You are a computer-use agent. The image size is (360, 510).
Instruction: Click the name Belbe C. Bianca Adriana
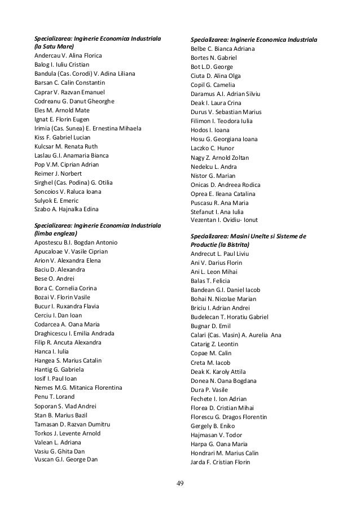[223, 49]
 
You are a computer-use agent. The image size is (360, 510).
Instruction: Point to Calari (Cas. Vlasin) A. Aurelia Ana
[236, 335]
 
